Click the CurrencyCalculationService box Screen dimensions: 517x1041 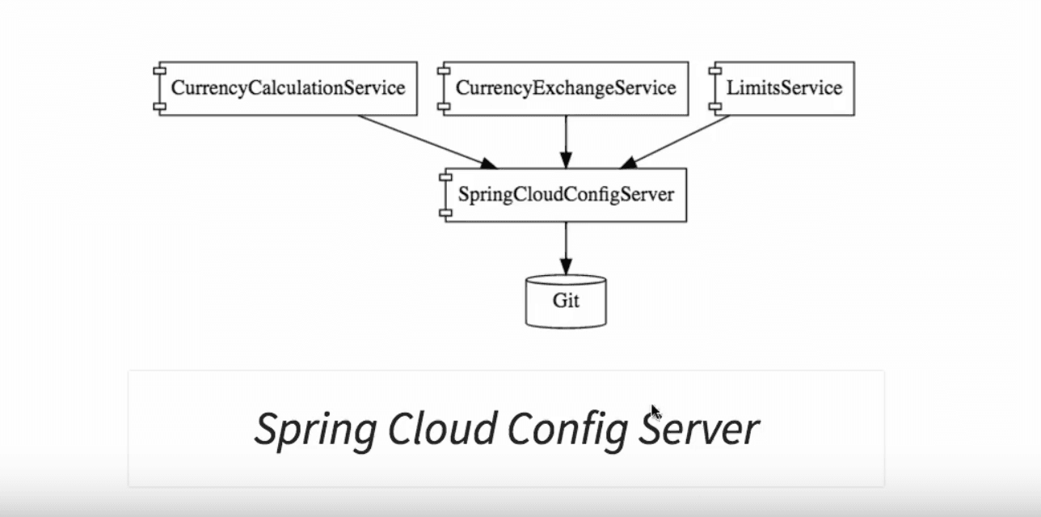[288, 88]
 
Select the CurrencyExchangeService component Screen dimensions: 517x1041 [566, 88]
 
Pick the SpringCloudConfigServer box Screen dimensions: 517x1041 [566, 195]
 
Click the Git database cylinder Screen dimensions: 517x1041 [566, 301]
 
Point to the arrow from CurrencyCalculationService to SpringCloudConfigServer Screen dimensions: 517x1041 [424, 141]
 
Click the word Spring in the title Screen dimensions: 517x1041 [314, 429]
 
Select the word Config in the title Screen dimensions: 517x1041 [567, 429]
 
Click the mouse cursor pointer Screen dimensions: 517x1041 [655, 413]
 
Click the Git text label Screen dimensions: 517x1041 [566, 301]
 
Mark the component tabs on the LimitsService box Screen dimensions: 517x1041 [714, 88]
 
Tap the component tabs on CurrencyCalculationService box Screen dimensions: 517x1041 [159, 88]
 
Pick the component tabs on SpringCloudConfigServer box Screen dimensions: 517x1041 [445, 195]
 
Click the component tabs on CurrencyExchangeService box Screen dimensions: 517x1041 [444, 88]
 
